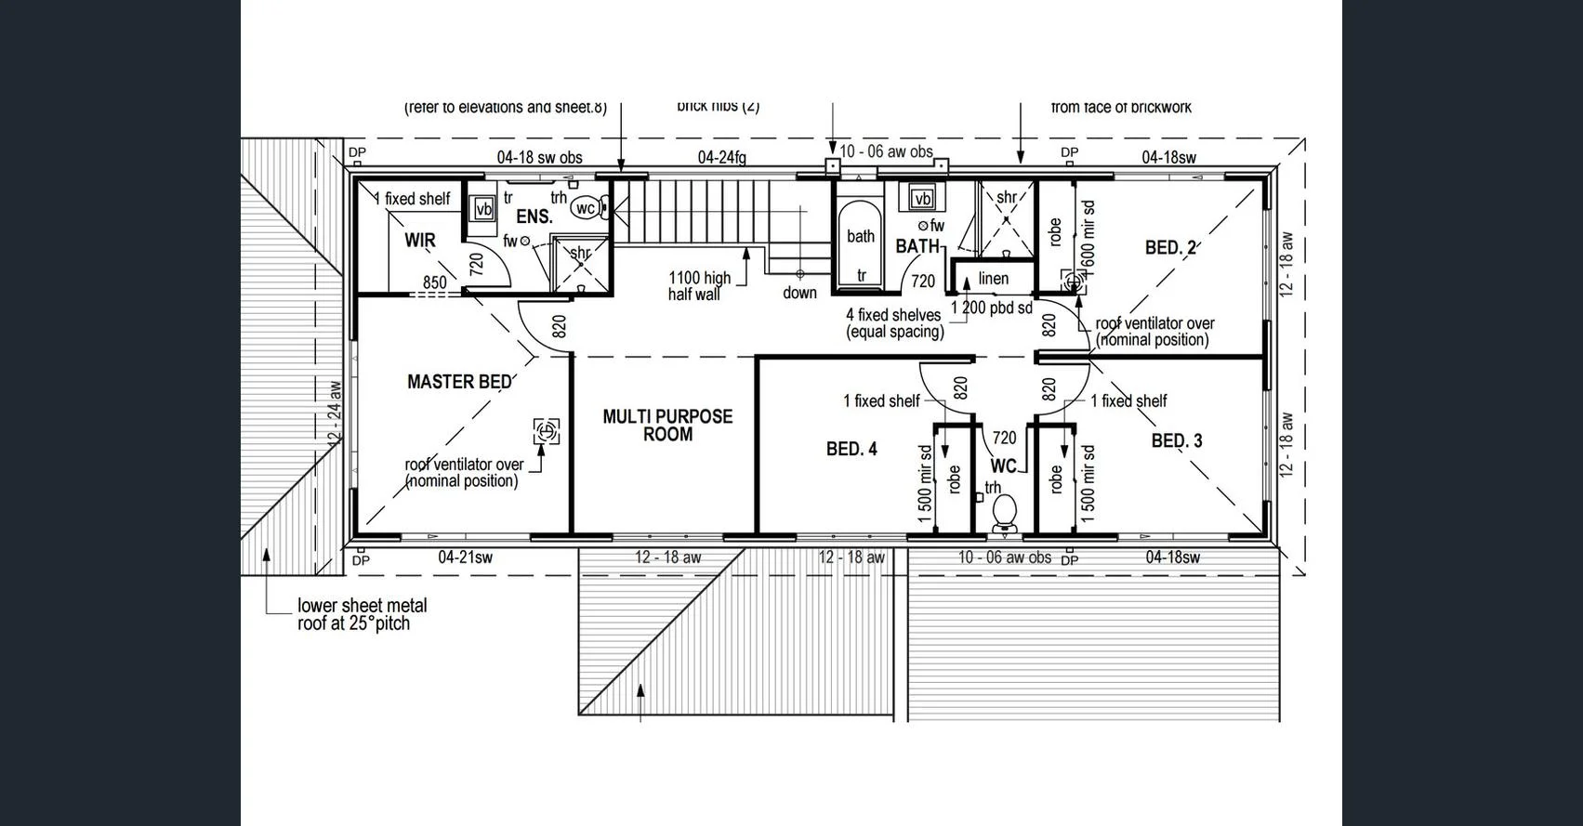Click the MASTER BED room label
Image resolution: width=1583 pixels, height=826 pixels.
click(x=459, y=382)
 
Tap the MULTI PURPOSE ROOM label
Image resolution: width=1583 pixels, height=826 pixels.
click(x=667, y=426)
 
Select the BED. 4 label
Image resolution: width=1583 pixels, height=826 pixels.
click(x=851, y=450)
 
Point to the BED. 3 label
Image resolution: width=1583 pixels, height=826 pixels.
click(x=1176, y=441)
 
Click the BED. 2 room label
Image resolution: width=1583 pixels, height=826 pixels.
click(x=1170, y=248)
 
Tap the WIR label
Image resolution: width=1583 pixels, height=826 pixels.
click(x=420, y=241)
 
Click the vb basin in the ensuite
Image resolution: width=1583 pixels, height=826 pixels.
click(x=483, y=209)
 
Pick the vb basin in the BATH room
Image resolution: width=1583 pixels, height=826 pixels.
click(x=921, y=199)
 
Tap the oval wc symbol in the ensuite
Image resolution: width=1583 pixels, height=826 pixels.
click(x=587, y=208)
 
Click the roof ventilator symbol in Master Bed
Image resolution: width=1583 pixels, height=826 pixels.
click(x=547, y=431)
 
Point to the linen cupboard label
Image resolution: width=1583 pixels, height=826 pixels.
click(x=993, y=279)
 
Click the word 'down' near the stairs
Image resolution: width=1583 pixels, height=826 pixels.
click(x=799, y=293)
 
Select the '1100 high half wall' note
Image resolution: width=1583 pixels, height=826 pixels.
click(x=699, y=286)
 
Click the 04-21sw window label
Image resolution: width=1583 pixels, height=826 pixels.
click(x=465, y=557)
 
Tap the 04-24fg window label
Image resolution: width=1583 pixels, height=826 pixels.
click(x=721, y=158)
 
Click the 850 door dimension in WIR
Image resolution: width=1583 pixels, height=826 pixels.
click(x=434, y=282)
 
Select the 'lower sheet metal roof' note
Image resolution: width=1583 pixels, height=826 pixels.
click(x=362, y=614)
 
